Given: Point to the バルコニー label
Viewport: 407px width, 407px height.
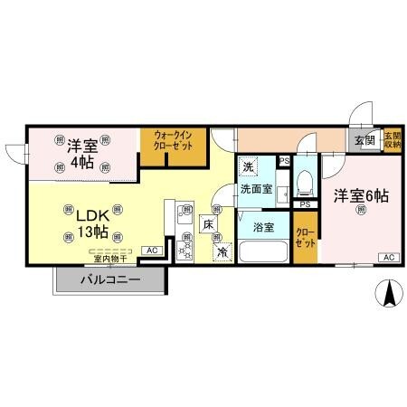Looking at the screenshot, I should click(110, 279).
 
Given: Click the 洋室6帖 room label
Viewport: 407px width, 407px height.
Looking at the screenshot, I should click(360, 194).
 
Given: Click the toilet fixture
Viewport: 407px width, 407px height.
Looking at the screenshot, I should click(304, 184).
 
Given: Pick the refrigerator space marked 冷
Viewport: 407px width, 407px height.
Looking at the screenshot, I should click(222, 251).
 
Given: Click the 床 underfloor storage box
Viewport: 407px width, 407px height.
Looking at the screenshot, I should click(208, 225).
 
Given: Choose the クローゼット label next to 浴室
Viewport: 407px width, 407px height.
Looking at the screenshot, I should click(306, 237).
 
